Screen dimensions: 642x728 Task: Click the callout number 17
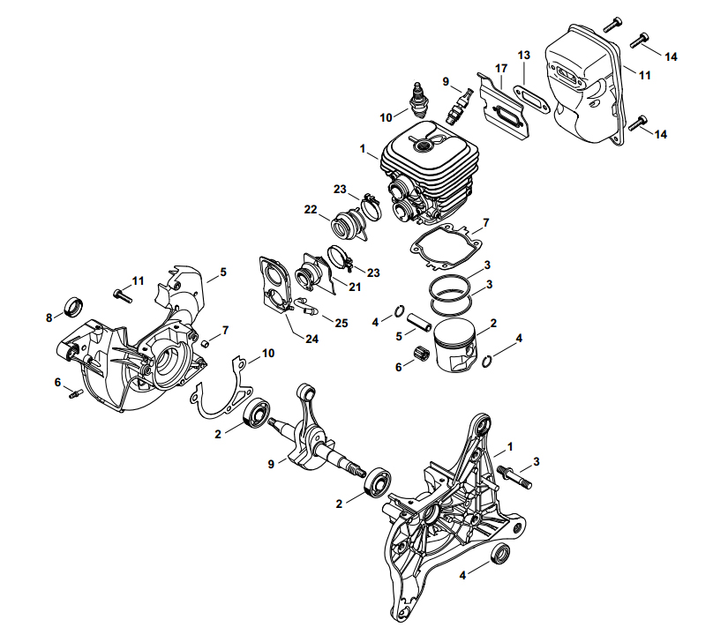pos(500,68)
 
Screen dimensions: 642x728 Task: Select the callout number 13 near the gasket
pos(524,56)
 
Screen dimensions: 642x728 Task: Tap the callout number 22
pos(311,209)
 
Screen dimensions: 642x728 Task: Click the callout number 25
pos(341,324)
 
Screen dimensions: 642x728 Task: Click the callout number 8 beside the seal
pos(49,317)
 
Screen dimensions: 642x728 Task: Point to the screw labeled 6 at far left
pos(74,393)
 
